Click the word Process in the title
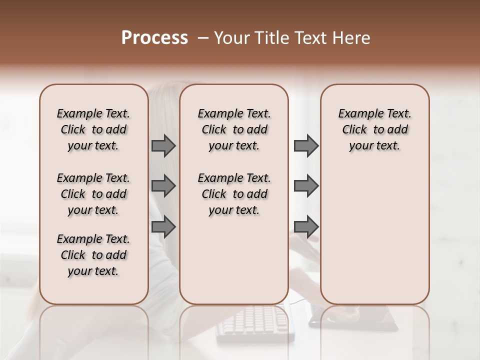click(154, 38)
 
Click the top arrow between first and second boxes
click(163, 145)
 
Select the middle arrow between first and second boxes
click(163, 186)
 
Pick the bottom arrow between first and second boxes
click(163, 227)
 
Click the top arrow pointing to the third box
click(306, 145)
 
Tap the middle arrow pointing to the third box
click(306, 186)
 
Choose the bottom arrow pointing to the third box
click(306, 227)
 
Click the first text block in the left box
click(93, 129)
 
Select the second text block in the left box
click(93, 194)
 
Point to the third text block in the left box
click(93, 255)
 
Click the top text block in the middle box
click(234, 129)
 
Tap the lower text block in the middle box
click(234, 194)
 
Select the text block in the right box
click(374, 129)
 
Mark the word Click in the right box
click(354, 129)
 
